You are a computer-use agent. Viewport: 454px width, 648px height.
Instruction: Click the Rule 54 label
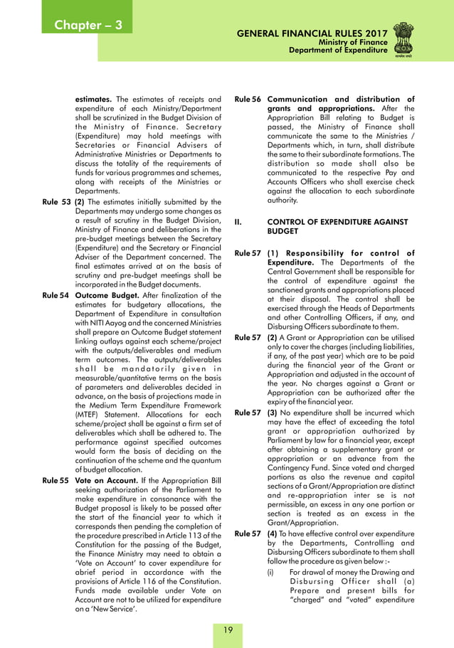(x=56, y=294)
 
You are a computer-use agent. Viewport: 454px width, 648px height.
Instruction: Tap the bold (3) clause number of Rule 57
(x=273, y=412)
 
